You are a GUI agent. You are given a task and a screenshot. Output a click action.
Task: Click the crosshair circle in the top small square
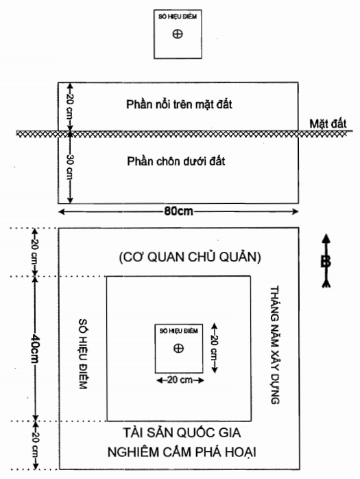coord(178,34)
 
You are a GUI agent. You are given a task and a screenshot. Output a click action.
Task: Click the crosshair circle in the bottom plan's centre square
coord(178,348)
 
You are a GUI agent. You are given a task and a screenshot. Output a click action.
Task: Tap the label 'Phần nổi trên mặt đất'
coord(179,104)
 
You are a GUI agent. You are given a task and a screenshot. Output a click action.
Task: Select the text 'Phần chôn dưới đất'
coord(176,161)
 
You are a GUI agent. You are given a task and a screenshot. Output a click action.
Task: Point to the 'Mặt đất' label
coord(328,124)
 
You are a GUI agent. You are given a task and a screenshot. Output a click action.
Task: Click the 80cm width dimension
coord(178,211)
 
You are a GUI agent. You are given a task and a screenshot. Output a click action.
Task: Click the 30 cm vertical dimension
coord(70,168)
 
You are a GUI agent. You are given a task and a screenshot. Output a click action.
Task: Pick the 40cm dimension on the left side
coord(35,349)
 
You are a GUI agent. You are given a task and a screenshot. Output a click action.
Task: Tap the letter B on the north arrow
coord(326,262)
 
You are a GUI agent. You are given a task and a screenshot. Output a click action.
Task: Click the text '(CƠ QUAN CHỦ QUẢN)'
coord(190,257)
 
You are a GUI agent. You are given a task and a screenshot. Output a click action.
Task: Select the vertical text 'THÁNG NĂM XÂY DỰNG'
coord(274,345)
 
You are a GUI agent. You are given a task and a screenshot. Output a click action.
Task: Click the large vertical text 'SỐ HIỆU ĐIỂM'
coord(83,353)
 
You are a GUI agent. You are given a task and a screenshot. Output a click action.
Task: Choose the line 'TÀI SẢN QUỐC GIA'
coord(182,433)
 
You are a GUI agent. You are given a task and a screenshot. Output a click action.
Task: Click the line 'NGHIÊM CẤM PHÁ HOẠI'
coord(182,452)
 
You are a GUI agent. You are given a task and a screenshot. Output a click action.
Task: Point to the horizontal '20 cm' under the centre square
coord(180,380)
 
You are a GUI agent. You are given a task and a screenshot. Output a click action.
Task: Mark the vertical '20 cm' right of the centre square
coord(215,348)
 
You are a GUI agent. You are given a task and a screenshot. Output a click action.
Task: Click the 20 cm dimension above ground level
coord(70,108)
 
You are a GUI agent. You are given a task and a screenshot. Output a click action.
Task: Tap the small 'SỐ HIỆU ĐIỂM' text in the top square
coord(178,16)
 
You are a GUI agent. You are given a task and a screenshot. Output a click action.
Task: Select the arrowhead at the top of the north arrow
coord(326,239)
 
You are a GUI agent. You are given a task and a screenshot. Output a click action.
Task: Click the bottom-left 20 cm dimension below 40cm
coord(35,445)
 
